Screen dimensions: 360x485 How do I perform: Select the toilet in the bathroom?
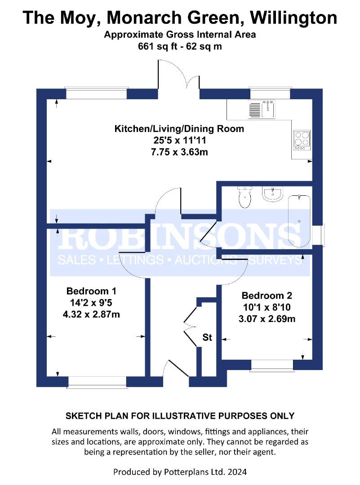coord(245,197)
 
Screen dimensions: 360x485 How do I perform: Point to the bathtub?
coord(299,221)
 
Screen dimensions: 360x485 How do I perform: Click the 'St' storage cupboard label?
coord(207,337)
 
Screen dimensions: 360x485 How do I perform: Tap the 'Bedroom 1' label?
coord(91,291)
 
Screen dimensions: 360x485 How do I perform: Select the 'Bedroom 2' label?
coord(267,295)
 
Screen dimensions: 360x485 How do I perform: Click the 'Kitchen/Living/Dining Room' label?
coord(179,129)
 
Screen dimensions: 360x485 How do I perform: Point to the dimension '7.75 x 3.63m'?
coord(179,152)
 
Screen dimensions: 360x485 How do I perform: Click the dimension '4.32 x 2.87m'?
coord(91,314)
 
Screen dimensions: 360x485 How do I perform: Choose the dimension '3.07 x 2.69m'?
coord(267,319)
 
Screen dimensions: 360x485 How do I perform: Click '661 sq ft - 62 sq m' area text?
coord(180,46)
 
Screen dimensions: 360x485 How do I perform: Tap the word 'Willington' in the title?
coord(293,18)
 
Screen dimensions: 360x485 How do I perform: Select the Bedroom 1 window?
coord(97,382)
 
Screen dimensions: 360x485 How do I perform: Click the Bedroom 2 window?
coord(272,365)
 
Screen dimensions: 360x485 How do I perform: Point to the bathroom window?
coord(318,235)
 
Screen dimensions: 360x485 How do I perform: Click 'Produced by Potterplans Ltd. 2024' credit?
coord(180,472)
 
